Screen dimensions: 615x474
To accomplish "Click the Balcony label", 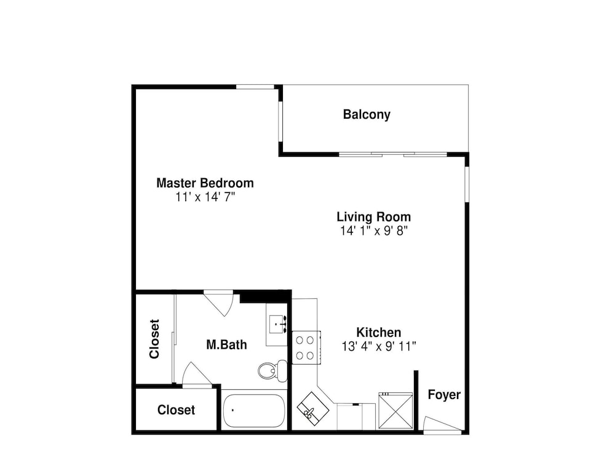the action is click(x=367, y=114).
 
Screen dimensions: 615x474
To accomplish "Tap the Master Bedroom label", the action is click(x=205, y=183).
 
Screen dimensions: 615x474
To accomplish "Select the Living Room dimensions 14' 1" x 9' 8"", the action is click(x=374, y=231).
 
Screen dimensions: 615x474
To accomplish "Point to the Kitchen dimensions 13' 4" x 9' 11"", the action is click(x=378, y=346).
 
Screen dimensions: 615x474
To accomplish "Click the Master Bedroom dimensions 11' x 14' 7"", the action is click(x=205, y=197).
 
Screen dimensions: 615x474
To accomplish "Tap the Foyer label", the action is click(x=444, y=395).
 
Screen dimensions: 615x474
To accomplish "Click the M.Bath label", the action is click(x=227, y=345).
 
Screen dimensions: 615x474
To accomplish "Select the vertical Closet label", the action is click(x=154, y=339).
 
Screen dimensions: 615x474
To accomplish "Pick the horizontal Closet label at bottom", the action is click(x=176, y=409).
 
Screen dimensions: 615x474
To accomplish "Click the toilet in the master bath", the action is click(x=272, y=369).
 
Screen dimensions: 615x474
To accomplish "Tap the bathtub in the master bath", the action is click(x=254, y=411).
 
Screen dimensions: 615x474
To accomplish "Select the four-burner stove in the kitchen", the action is click(x=306, y=348).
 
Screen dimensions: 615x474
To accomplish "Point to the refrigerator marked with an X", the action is click(x=395, y=411).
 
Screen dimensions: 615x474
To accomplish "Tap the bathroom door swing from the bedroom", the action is click(x=219, y=302).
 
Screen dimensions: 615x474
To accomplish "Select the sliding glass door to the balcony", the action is click(x=392, y=154).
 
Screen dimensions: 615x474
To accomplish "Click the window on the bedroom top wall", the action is click(x=255, y=87).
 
